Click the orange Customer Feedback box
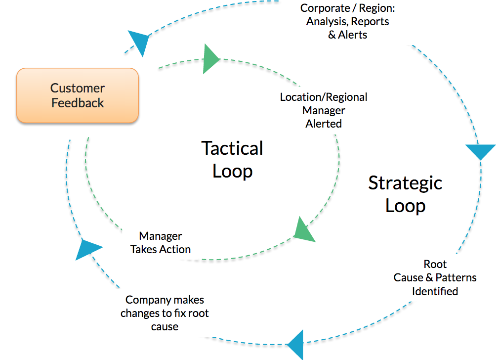[x=78, y=95]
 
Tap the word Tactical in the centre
[x=232, y=148]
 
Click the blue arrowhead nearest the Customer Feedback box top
[x=139, y=42]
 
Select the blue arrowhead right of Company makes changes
[x=295, y=345]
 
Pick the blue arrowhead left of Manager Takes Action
[x=88, y=249]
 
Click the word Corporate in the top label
[x=325, y=8]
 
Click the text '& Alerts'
[x=347, y=35]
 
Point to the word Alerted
[x=324, y=124]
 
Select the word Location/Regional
[x=324, y=97]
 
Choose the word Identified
[x=435, y=291]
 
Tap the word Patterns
[x=456, y=277]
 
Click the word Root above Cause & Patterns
[x=435, y=264]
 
